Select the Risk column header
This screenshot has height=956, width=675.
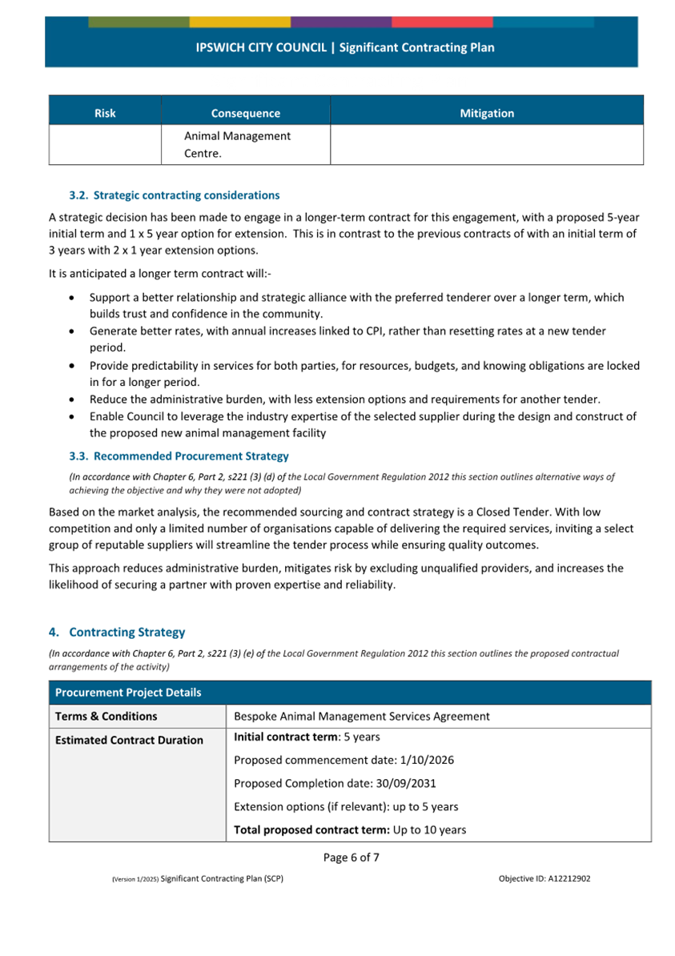point(105,114)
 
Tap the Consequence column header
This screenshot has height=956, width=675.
point(245,114)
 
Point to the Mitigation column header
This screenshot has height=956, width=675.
point(487,114)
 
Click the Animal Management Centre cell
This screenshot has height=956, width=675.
point(237,144)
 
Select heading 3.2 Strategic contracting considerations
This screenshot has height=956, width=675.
point(175,195)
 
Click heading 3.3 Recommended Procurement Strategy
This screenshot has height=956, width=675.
point(179,456)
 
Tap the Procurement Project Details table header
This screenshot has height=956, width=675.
point(128,693)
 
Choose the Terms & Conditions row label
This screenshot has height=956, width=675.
point(106,717)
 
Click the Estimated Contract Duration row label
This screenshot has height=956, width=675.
point(129,741)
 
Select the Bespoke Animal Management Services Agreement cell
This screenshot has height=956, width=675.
point(361,717)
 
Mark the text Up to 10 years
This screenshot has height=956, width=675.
point(428,830)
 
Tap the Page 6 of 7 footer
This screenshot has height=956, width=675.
point(351,858)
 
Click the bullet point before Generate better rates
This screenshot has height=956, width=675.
point(74,331)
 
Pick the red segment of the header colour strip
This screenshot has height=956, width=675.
point(442,22)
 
